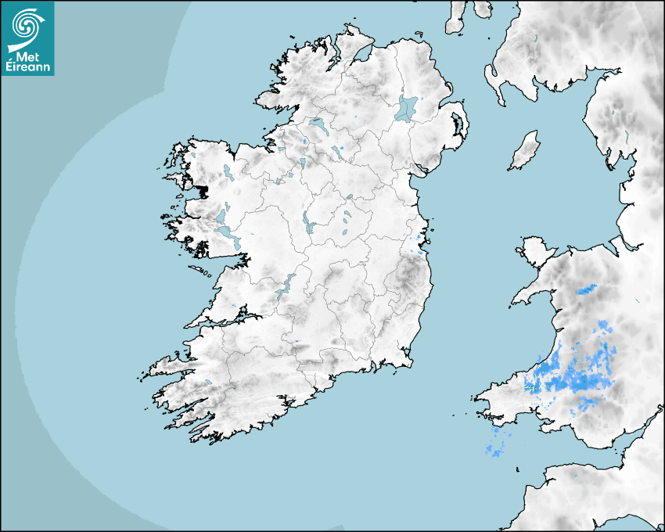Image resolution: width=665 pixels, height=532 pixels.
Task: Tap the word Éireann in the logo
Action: click(27, 67)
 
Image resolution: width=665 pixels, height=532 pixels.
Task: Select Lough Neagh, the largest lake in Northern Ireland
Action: click(406, 108)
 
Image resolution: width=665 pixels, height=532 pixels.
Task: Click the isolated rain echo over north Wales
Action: click(587, 289)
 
